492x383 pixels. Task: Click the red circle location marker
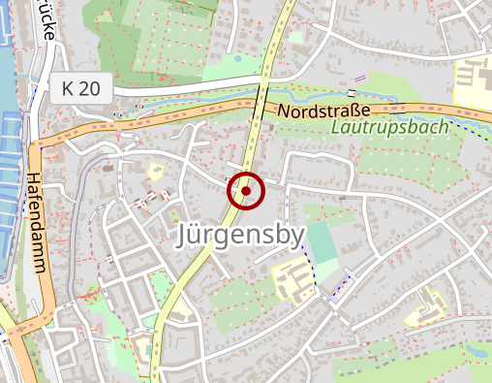pos(246,191)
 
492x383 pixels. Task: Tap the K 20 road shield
pos(80,88)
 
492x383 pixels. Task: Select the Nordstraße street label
pos(323,112)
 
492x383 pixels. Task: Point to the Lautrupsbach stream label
pos(388,127)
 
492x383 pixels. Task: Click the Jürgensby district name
pos(240,236)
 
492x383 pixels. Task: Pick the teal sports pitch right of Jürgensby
pos(324,241)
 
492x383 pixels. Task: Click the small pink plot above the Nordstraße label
pos(359,77)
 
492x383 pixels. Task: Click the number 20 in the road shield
pos(90,88)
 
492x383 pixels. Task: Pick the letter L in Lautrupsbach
pos(336,127)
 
